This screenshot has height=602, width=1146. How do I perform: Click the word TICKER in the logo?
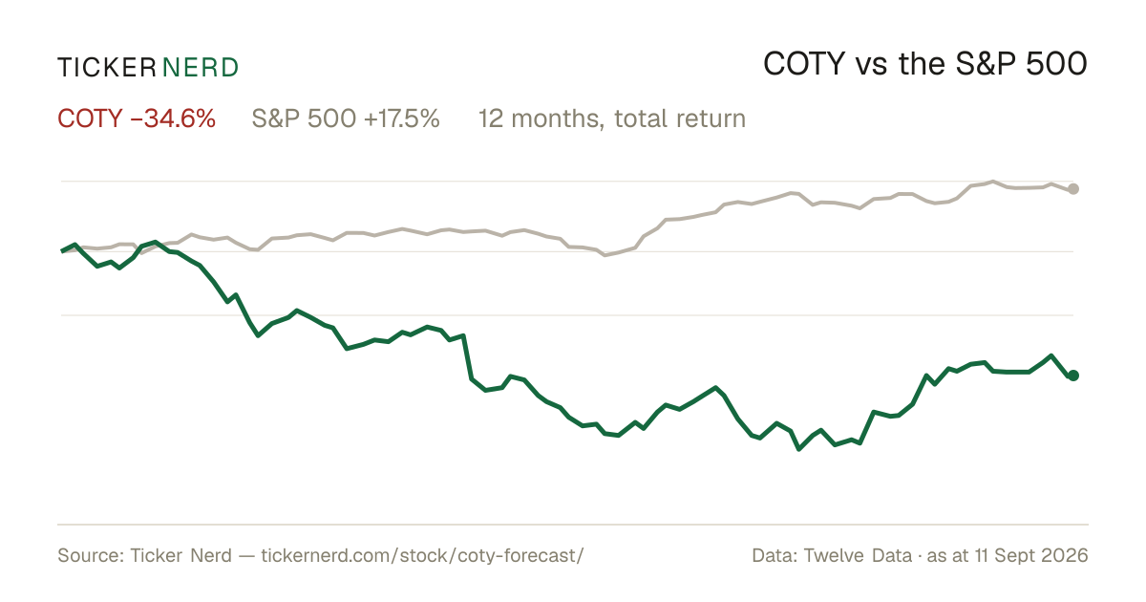[107, 68]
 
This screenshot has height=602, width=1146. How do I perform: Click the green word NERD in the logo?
[201, 68]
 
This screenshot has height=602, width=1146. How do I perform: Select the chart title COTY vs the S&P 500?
[925, 64]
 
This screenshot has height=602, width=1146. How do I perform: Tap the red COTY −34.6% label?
[137, 118]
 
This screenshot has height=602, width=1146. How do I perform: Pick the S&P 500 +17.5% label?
[346, 118]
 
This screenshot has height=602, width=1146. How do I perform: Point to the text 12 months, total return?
[612, 118]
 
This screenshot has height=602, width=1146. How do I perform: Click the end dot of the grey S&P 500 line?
[1073, 189]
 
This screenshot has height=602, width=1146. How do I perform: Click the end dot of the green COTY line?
[1073, 376]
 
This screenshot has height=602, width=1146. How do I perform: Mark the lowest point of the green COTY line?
[799, 449]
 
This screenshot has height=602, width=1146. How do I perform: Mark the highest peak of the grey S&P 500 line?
[993, 182]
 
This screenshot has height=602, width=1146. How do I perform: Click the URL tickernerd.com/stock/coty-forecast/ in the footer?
[422, 555]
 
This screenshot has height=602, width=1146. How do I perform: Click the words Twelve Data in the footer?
[858, 555]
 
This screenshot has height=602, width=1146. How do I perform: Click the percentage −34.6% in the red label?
[173, 118]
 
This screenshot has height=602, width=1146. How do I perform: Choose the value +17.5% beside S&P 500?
[402, 118]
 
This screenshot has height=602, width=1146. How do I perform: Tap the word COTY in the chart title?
[804, 64]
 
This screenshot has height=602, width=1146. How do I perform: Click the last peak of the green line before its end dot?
[1050, 355]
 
